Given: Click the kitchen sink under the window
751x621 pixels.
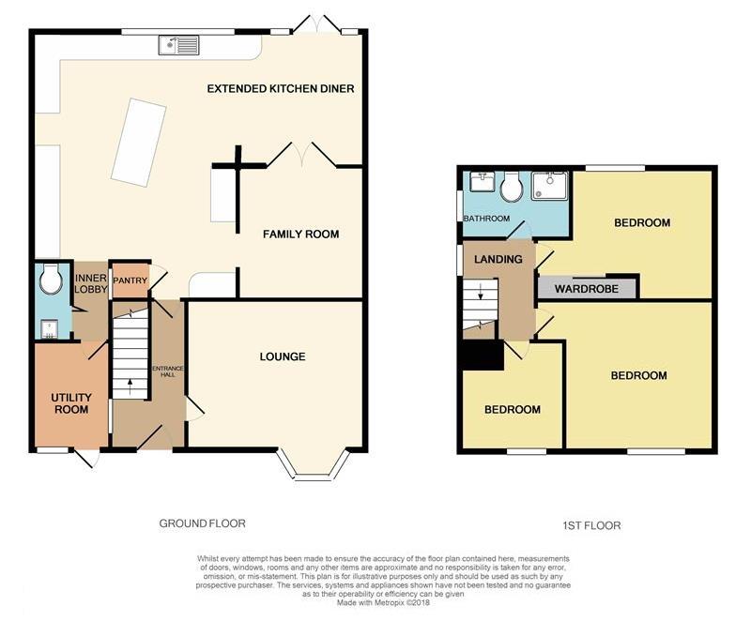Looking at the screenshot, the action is [178, 45].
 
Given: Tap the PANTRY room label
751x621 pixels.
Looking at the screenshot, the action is [130, 280].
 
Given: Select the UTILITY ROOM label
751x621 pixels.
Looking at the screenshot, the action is [71, 403].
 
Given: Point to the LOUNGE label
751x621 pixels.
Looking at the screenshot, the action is [283, 356].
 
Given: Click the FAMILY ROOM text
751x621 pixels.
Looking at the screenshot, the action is [300, 234].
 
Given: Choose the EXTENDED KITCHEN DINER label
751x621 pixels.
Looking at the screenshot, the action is [281, 88].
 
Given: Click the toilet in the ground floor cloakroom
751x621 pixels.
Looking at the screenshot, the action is [51, 278].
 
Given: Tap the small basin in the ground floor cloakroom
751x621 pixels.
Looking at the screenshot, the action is [49, 328].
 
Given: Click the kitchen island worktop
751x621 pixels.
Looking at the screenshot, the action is [139, 142].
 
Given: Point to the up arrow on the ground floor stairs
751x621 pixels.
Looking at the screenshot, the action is [130, 386].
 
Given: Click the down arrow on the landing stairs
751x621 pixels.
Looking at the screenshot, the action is [481, 292].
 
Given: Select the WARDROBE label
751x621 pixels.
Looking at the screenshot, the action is [586, 289].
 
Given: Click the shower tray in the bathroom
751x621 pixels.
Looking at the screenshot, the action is [549, 186].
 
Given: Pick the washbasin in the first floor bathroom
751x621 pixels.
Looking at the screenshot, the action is [482, 182].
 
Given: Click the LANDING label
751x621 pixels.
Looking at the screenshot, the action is [498, 259].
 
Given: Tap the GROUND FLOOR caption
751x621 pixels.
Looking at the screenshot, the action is [202, 523].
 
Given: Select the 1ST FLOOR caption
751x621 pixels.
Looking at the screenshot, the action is [591, 526].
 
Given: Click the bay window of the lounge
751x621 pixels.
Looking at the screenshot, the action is [314, 465].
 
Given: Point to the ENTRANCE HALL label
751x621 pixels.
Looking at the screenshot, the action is [168, 371].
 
